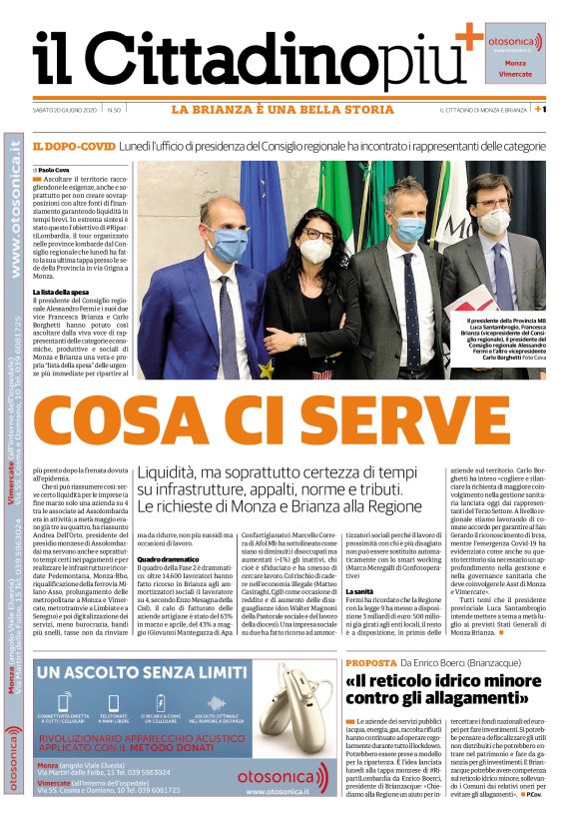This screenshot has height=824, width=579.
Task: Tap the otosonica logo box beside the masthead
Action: (515, 51)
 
